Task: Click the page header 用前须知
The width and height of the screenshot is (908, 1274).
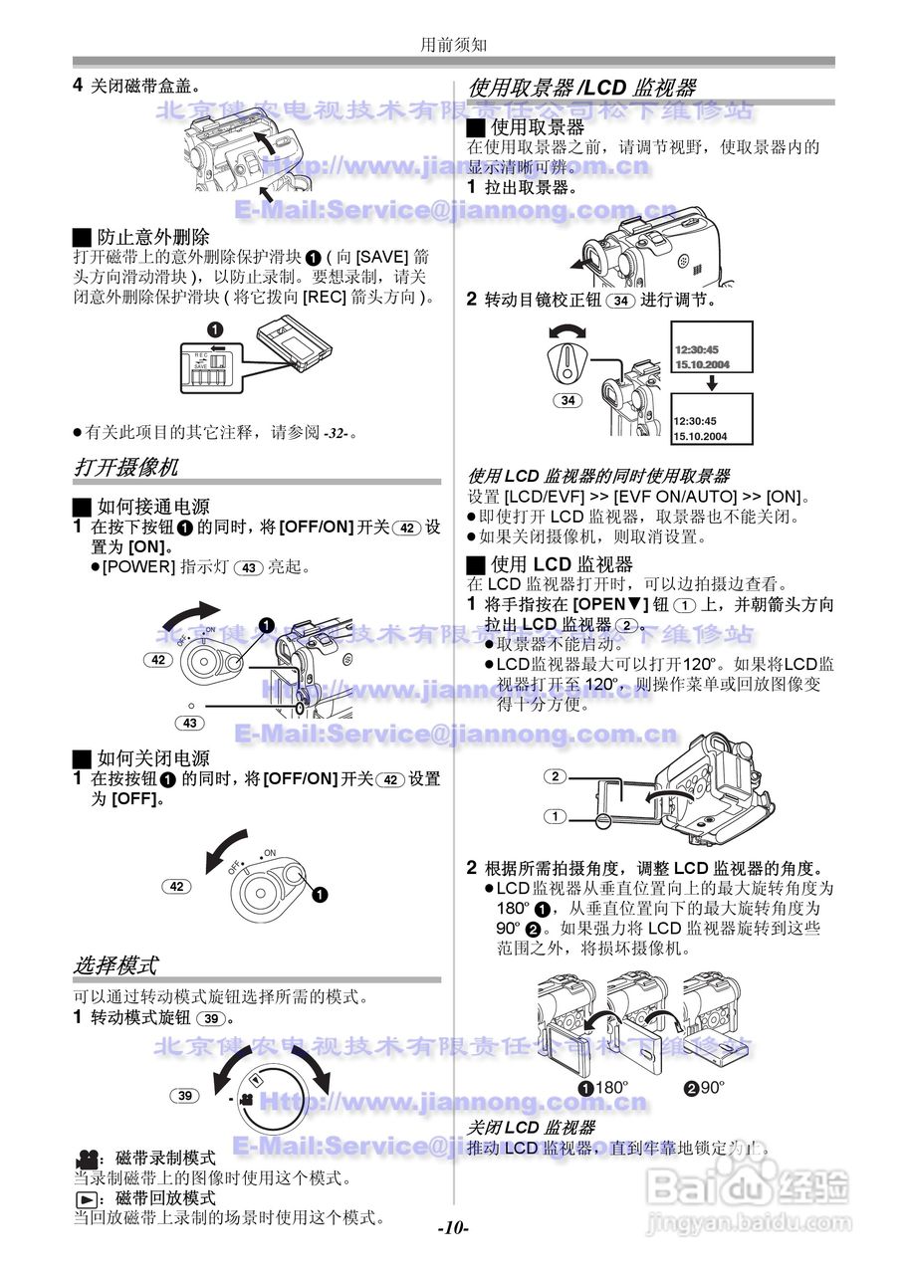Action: coord(453,44)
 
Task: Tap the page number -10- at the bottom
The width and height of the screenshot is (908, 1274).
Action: coord(453,1227)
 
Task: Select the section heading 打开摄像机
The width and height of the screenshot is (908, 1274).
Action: coord(126,467)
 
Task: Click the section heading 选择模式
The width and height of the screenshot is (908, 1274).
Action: coord(115,964)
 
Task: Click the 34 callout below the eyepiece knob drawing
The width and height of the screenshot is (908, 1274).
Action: coord(567,401)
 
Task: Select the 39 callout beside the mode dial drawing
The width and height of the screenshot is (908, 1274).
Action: coord(185,1095)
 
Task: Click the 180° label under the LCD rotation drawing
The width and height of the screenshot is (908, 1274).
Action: coord(610,1088)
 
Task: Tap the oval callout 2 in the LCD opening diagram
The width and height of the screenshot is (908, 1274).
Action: coord(556,776)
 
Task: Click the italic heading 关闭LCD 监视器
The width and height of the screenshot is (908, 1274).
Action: coord(532,1128)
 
